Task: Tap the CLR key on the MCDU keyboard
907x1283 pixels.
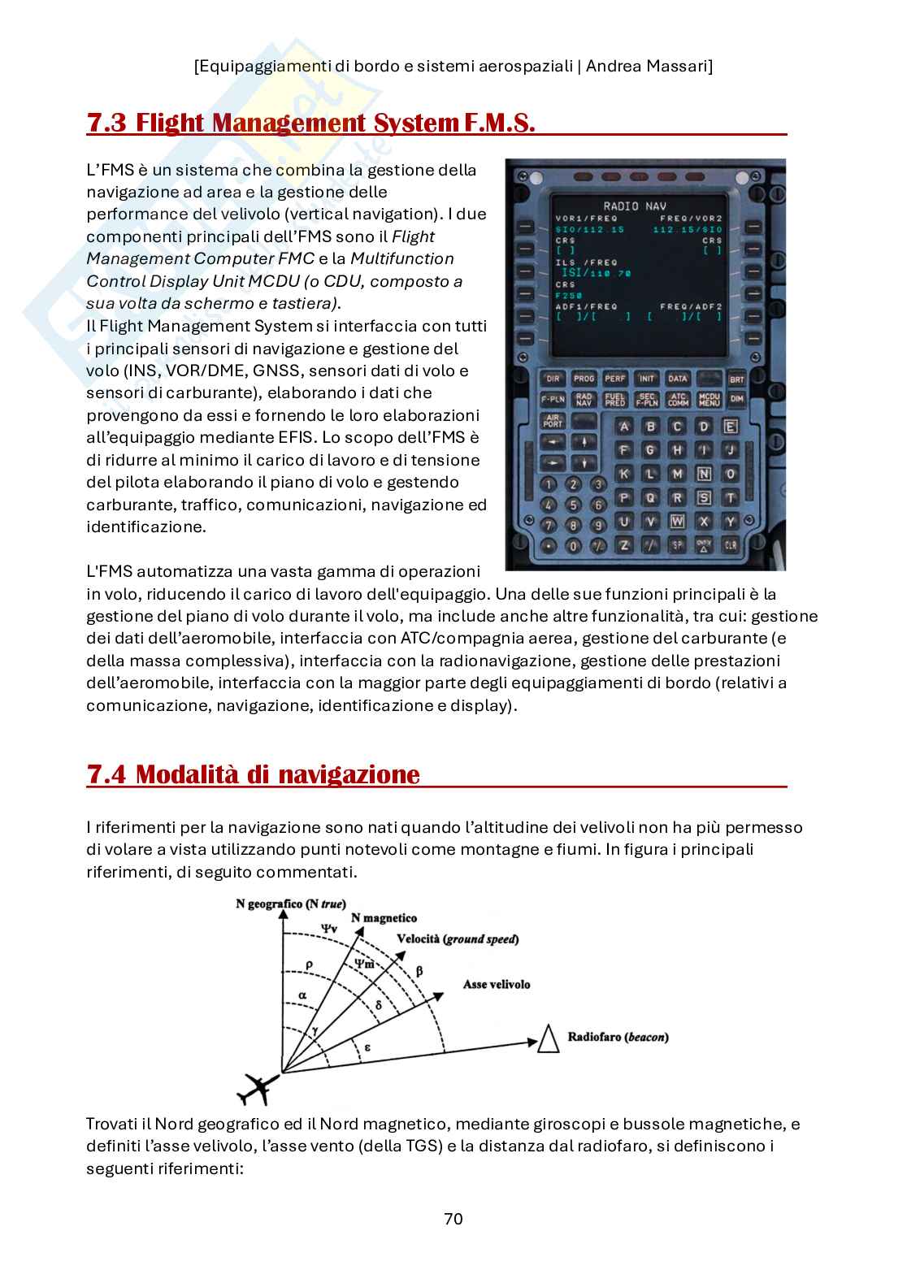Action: (730, 545)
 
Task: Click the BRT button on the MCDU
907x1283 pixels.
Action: (736, 379)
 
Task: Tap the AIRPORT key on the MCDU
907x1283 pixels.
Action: (553, 421)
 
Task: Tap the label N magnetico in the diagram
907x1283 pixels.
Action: (384, 918)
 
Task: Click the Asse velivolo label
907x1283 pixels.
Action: (496, 984)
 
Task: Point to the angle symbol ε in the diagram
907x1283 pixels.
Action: (367, 1047)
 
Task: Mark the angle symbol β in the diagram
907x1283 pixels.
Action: (419, 970)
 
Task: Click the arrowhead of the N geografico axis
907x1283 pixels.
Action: (282, 915)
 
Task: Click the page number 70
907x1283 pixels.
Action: (453, 1219)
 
